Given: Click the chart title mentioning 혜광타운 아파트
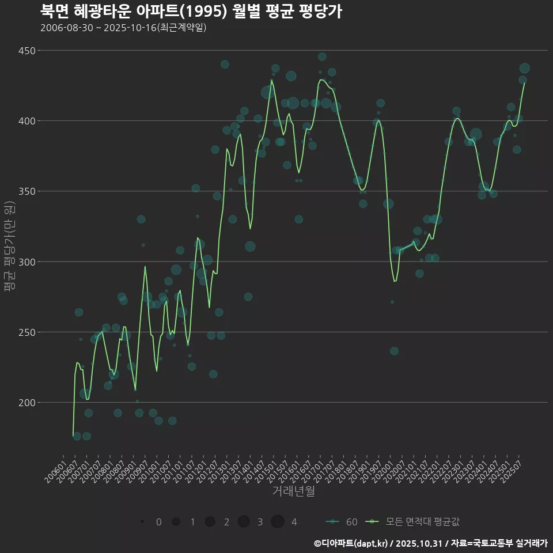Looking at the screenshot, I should tap(191, 11).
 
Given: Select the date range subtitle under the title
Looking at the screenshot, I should tap(123, 28).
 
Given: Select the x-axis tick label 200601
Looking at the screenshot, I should tap(55, 468).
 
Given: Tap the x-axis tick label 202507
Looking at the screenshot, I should tap(511, 468).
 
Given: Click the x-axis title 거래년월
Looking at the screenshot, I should tap(293, 491).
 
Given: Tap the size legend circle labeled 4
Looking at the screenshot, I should tap(278, 522).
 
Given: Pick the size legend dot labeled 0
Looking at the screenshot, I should tap(142, 522).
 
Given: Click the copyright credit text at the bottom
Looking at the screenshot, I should tap(430, 543).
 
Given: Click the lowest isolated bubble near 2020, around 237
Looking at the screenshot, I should tap(394, 351).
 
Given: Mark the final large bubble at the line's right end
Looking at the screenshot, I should tap(524, 69).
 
